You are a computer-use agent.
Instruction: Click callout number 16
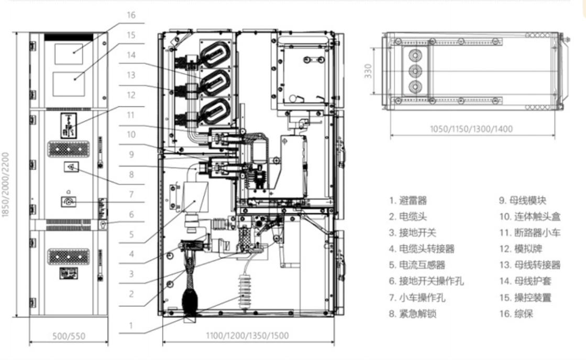tap(131, 15)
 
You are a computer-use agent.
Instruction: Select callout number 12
tap(131, 95)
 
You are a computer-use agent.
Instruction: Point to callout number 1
tap(131, 325)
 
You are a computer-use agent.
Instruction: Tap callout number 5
tap(131, 234)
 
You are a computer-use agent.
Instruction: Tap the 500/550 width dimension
tap(68, 336)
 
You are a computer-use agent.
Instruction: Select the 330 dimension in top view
tap(369, 71)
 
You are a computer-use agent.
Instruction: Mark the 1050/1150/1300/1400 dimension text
tap(471, 128)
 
